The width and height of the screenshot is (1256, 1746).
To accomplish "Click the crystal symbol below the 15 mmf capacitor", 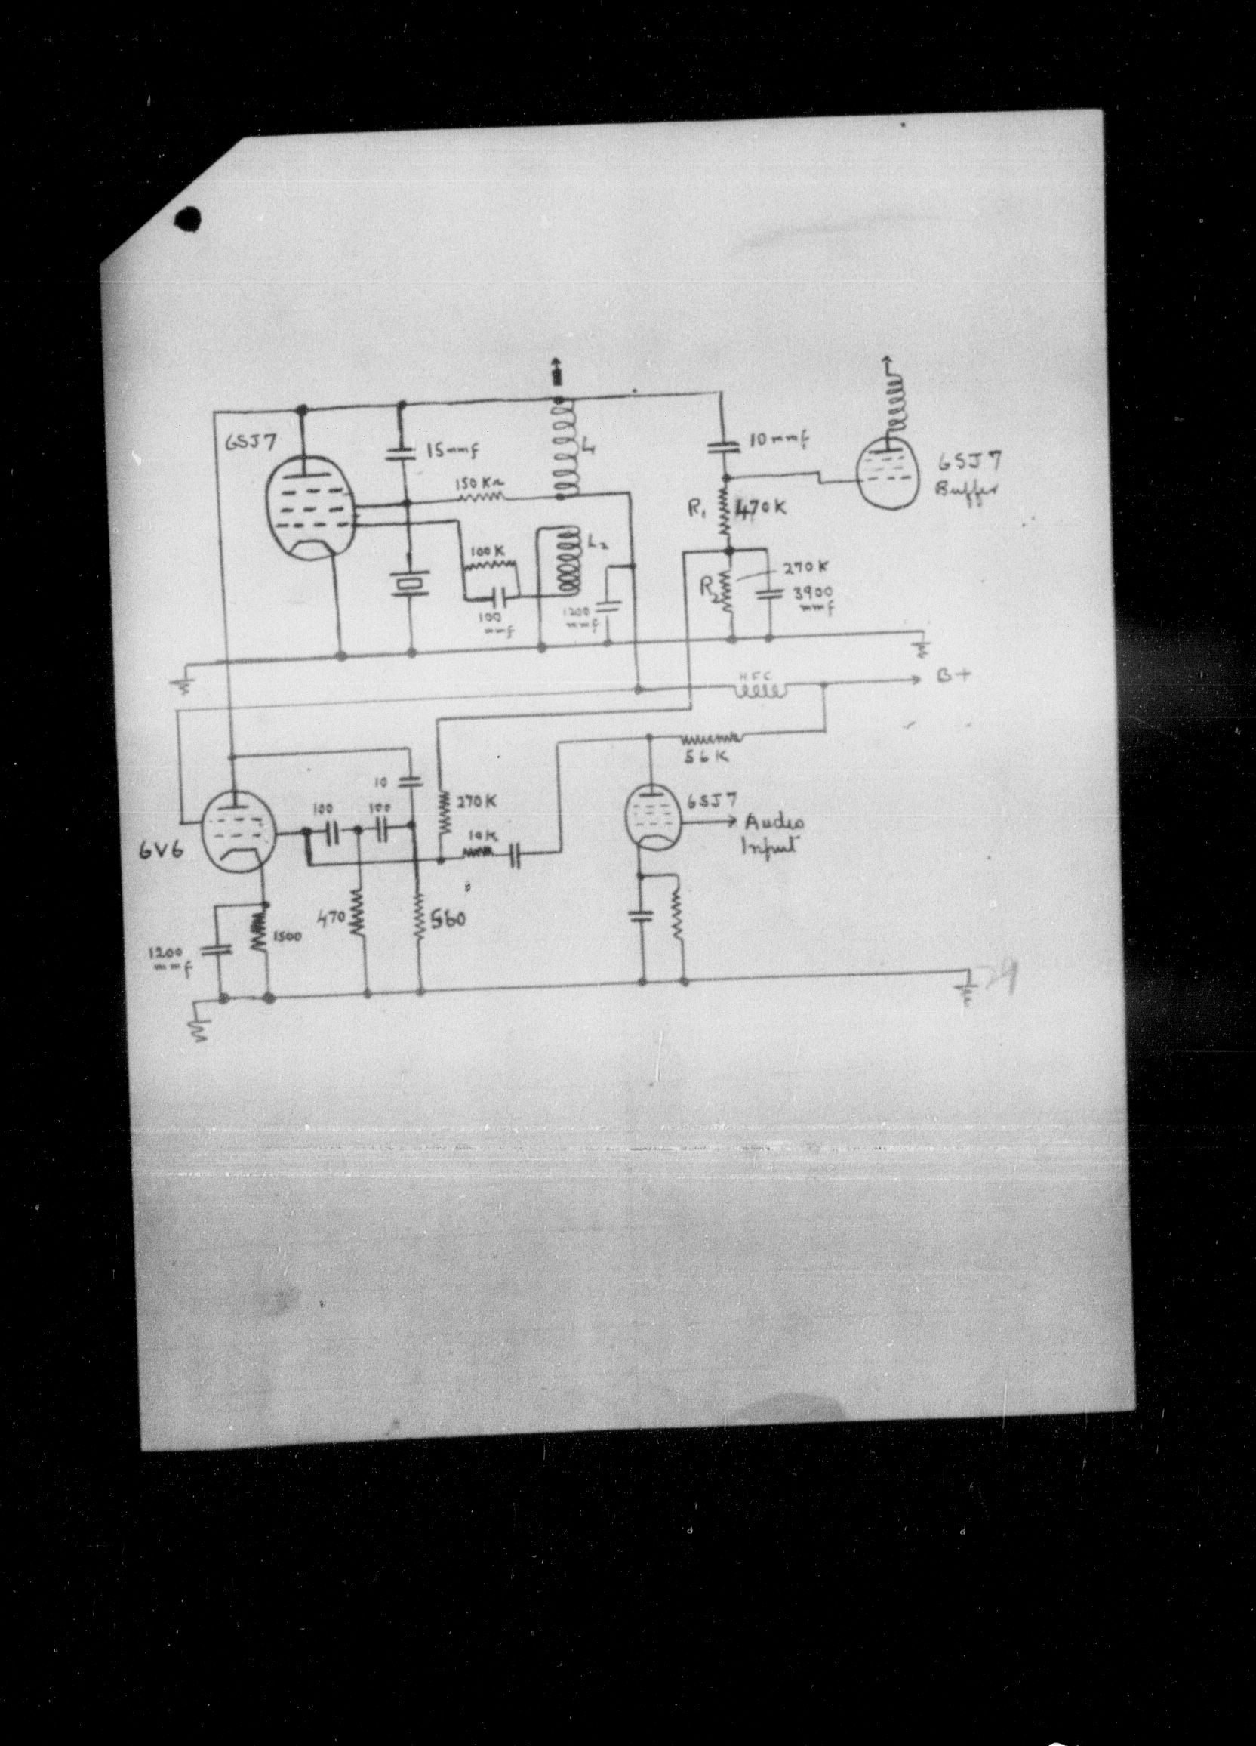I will [x=408, y=585].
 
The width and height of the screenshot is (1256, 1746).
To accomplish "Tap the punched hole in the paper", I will [x=187, y=221].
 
